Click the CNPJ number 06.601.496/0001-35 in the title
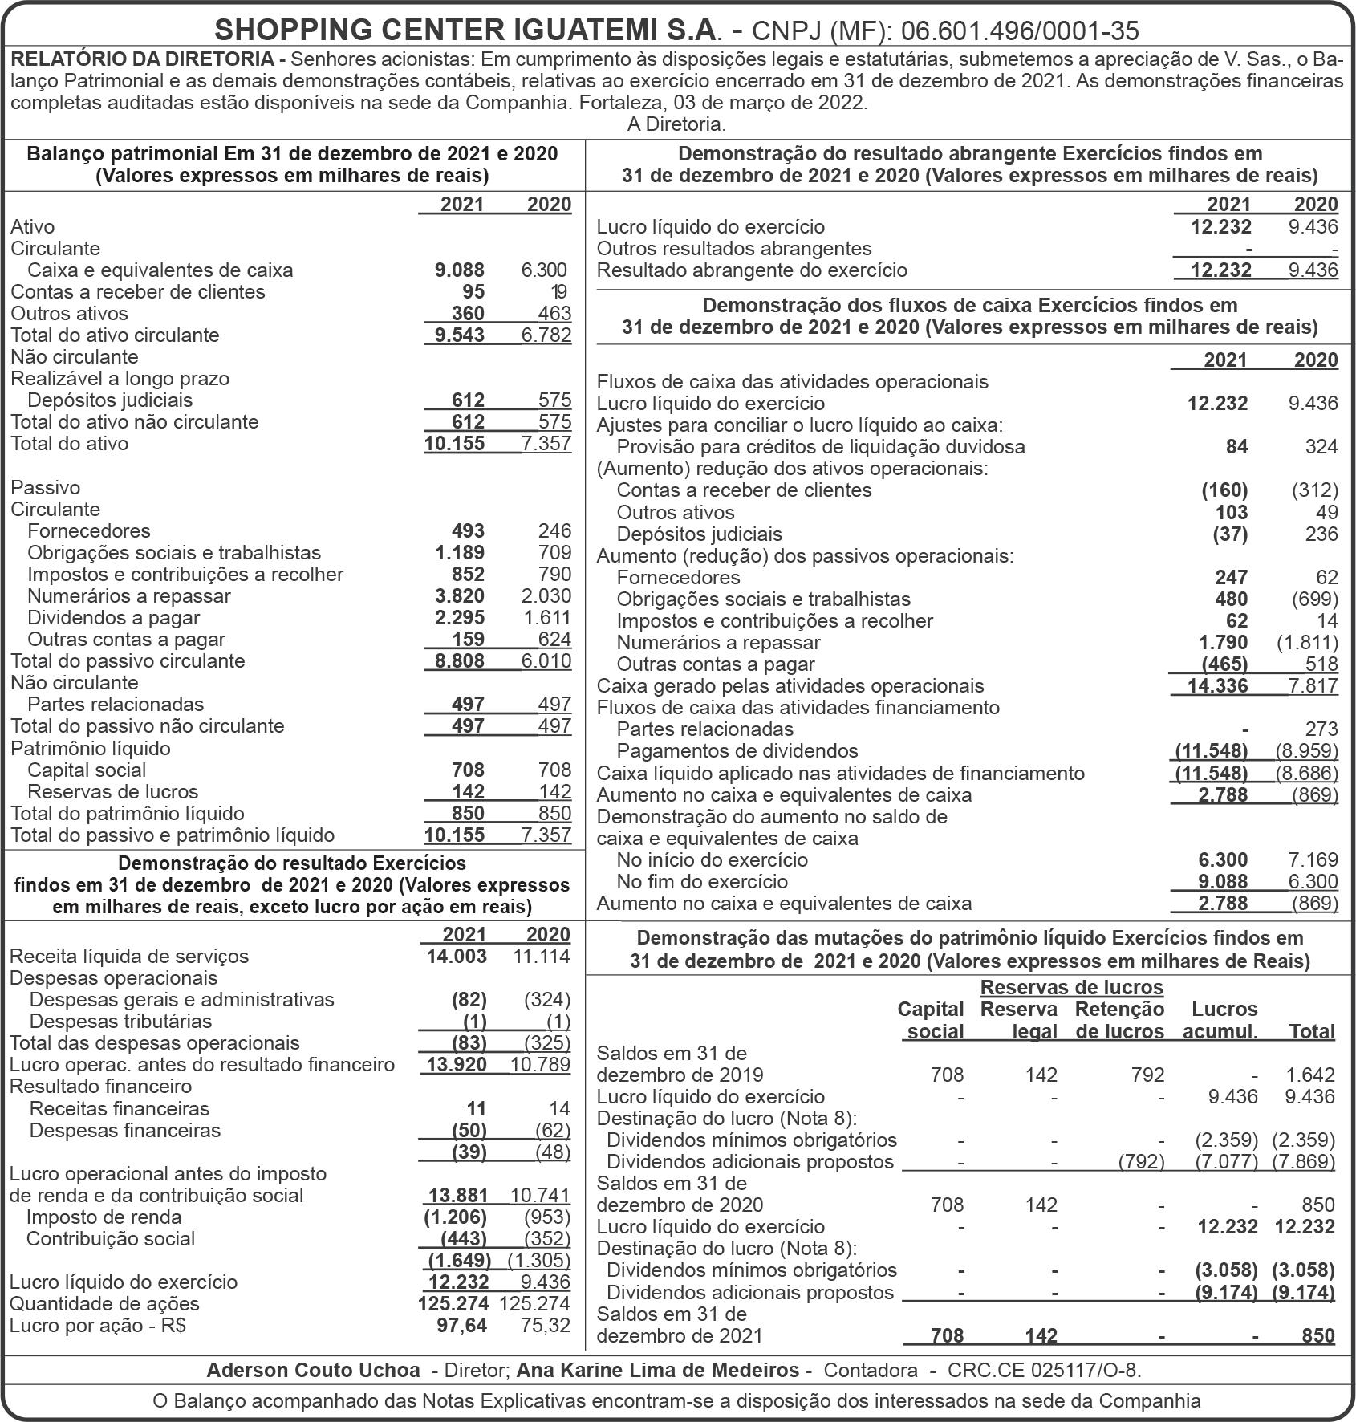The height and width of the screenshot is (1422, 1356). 1020,30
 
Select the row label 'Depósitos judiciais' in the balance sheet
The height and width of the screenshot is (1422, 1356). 110,400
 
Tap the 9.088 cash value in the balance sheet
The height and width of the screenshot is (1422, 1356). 460,270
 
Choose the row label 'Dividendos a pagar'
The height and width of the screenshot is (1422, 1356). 113,618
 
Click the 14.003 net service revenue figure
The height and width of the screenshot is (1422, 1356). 457,956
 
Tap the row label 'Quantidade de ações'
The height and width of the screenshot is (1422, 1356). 104,1303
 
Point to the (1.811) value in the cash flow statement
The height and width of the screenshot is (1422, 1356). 1307,643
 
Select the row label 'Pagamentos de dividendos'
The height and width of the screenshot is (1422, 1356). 737,751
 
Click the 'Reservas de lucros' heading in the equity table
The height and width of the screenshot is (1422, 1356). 1071,987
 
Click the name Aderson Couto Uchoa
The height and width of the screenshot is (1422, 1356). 313,1371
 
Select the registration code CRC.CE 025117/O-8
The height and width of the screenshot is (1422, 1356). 1044,1371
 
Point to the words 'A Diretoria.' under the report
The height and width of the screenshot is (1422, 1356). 676,124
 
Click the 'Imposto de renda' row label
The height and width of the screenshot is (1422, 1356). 104,1217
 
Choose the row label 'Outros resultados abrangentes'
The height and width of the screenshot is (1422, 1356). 734,249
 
